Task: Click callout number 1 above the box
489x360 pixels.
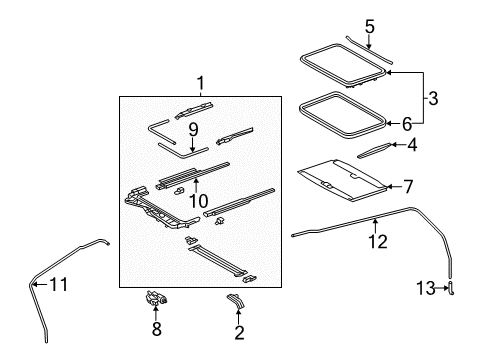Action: pyautogui.click(x=199, y=83)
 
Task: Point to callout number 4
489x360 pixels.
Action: pyautogui.click(x=411, y=145)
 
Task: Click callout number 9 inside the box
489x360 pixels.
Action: pyautogui.click(x=194, y=128)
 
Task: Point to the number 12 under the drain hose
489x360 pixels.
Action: pyautogui.click(x=375, y=240)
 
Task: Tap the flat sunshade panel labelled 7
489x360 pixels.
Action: pyautogui.click(x=340, y=180)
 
